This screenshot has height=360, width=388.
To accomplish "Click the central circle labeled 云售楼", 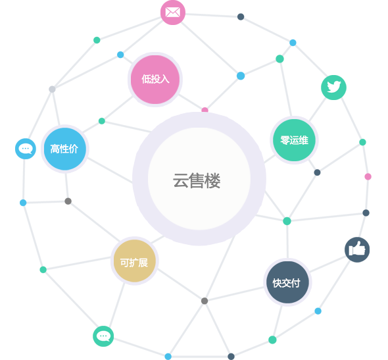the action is [x=199, y=179].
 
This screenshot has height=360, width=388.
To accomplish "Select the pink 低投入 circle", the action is [x=155, y=80].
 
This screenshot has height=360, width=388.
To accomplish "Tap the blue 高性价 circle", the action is [x=65, y=149].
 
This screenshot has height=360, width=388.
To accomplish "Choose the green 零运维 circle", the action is [x=294, y=140].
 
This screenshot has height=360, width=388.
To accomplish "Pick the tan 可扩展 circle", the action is [x=135, y=261].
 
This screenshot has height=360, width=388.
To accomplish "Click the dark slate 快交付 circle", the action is [x=287, y=282].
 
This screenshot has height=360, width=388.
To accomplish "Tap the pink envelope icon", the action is [x=173, y=13].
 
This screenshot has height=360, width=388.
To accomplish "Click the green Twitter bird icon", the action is [x=333, y=88].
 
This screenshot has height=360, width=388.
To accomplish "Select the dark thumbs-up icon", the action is [x=357, y=249].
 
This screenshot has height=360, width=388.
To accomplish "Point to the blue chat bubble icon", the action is [x=26, y=149].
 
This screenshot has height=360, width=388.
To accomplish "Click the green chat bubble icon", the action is [x=103, y=336].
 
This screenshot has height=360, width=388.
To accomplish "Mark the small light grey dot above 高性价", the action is [x=52, y=89].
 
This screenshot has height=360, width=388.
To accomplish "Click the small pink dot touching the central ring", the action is [x=205, y=110].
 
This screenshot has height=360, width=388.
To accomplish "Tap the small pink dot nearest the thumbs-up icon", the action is [x=368, y=176].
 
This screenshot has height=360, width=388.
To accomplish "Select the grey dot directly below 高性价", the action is [x=68, y=201].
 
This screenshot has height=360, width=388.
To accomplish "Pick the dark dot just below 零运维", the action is [x=317, y=172].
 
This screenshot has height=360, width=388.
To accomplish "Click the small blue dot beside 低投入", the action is [x=120, y=55].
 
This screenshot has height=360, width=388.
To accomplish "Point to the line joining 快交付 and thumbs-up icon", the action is [x=328, y=265].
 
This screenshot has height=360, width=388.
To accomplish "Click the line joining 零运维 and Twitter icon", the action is [x=318, y=109].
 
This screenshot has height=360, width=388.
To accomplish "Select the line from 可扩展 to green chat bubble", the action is [x=117, y=305].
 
